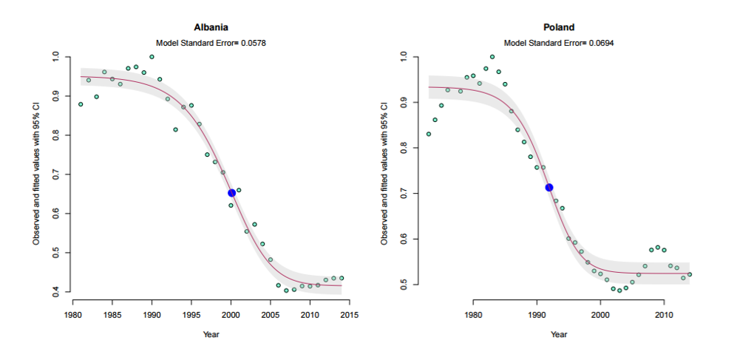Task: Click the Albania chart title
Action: tap(211, 27)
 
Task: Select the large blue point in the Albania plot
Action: tap(232, 193)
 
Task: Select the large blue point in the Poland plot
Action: tap(549, 188)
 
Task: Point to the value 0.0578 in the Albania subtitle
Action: tap(253, 43)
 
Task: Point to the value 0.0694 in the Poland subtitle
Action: tap(601, 43)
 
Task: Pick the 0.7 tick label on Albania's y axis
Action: tap(56, 174)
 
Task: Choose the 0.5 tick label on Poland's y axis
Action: tap(404, 284)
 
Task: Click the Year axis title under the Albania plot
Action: tap(211, 334)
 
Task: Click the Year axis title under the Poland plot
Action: tap(559, 334)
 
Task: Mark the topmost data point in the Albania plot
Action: tap(152, 57)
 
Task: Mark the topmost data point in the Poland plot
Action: tap(492, 57)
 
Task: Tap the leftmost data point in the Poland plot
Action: tap(429, 134)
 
